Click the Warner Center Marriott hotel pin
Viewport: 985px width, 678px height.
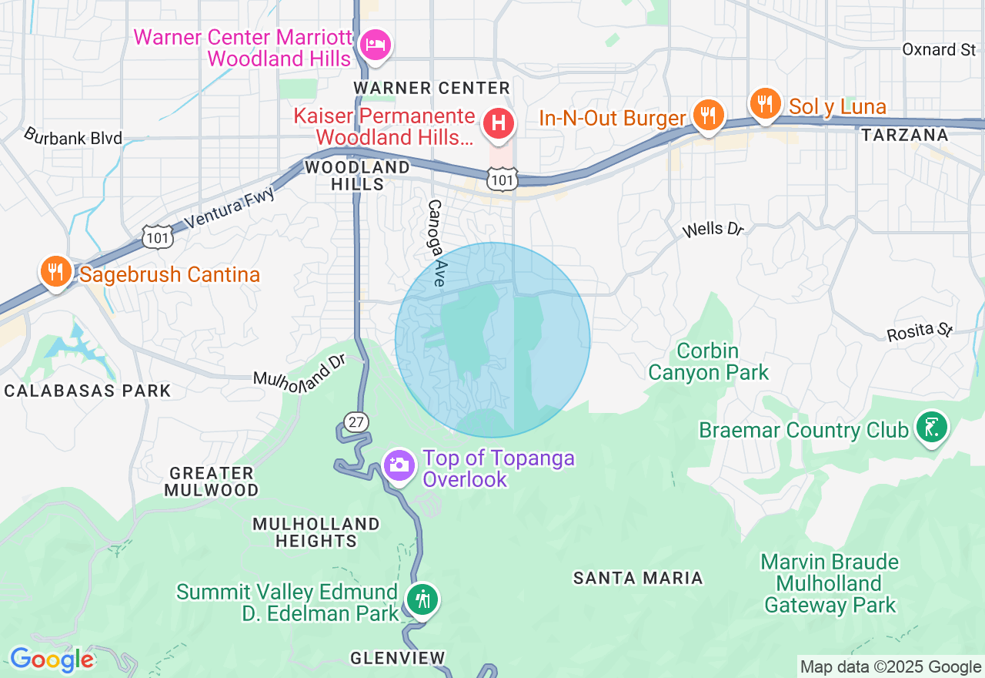coord(376,44)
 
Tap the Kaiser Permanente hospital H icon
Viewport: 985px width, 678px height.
coord(498,123)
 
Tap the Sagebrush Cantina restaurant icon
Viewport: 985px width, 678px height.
coord(56,272)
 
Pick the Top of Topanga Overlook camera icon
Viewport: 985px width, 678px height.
coord(399,465)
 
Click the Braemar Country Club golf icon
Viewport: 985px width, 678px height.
coord(931,428)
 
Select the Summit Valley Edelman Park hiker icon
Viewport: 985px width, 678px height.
coord(422,599)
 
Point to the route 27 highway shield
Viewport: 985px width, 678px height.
coord(356,421)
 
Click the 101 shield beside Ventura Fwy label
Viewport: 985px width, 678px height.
coord(157,237)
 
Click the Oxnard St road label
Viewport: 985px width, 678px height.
coord(939,50)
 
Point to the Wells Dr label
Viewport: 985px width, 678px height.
coord(713,229)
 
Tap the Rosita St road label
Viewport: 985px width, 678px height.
coord(920,331)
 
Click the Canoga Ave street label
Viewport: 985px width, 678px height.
coord(436,243)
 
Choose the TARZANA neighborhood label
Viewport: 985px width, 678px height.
coord(904,136)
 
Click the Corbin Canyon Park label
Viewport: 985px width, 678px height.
coord(708,362)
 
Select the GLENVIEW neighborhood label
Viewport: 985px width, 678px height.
coord(397,658)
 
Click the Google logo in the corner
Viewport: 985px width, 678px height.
coord(52,660)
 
